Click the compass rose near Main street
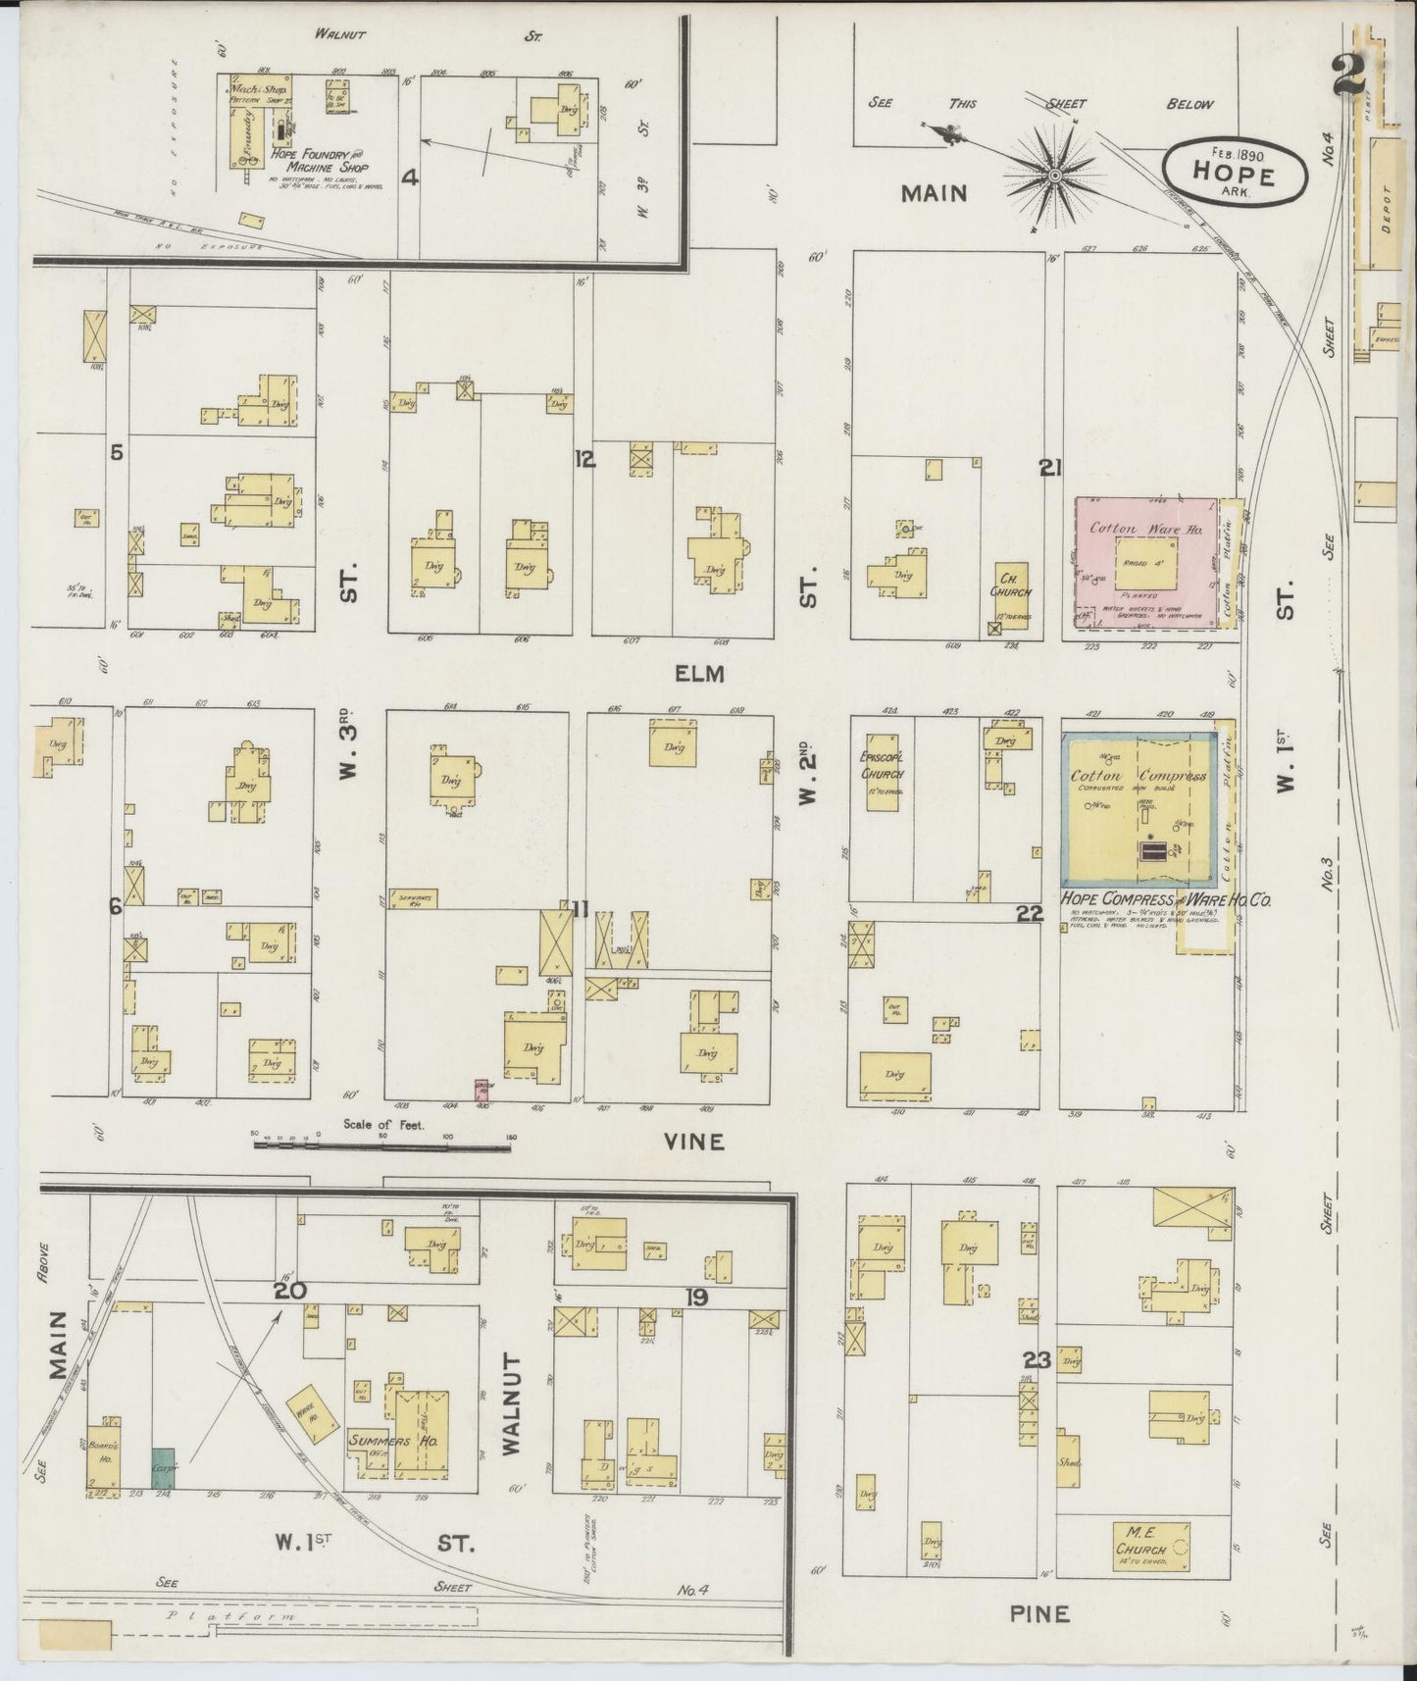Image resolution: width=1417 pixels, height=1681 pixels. tap(1054, 176)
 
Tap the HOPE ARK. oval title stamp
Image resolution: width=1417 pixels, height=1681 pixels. tap(1235, 171)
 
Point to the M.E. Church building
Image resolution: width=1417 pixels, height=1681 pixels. tap(1151, 1551)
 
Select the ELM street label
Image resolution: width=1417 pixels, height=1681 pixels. tap(698, 674)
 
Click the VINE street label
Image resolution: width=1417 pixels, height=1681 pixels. tap(693, 1142)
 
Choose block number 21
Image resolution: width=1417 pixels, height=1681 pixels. tap(1050, 470)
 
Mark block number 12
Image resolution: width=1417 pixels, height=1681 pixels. tap(584, 458)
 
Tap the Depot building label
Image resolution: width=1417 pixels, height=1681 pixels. tap(1385, 208)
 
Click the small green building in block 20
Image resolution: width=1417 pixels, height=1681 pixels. tap(163, 1468)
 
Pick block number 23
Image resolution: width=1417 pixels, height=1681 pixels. tap(1037, 1360)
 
